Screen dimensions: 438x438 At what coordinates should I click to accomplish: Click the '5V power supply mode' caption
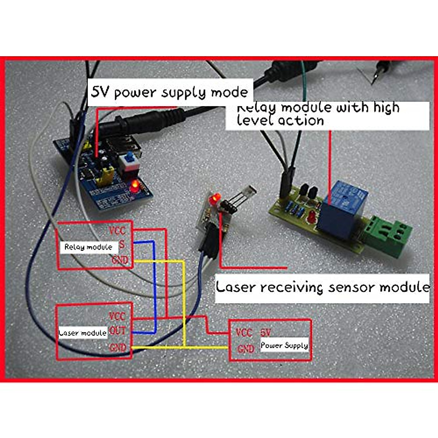pyautogui.click(x=170, y=92)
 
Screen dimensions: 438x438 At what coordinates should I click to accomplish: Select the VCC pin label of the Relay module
pyautogui.click(x=117, y=230)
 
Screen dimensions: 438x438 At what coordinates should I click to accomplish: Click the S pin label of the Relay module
pyautogui.click(x=122, y=245)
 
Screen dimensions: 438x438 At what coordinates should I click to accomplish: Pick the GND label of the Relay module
pyautogui.click(x=119, y=260)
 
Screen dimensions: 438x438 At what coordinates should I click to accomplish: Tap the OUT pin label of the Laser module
pyautogui.click(x=118, y=331)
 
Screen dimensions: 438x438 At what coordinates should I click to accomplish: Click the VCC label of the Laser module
pyautogui.click(x=117, y=316)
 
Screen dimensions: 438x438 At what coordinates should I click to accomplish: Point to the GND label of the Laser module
pyautogui.click(x=118, y=347)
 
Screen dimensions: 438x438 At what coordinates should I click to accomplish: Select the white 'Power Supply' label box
pyautogui.click(x=284, y=345)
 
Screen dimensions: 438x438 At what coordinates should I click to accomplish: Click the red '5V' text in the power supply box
pyautogui.click(x=266, y=333)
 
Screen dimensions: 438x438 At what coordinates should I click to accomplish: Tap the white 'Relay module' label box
pyautogui.click(x=88, y=247)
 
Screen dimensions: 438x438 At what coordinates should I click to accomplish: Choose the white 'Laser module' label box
pyautogui.click(x=82, y=333)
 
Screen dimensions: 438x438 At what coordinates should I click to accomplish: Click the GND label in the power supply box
pyautogui.click(x=246, y=349)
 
